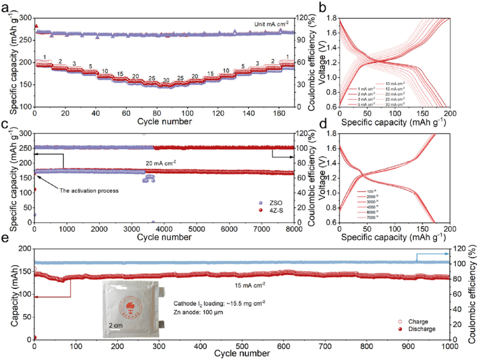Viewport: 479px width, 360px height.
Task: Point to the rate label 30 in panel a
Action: (x=166, y=80)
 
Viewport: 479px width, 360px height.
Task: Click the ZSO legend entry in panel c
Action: (x=273, y=203)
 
